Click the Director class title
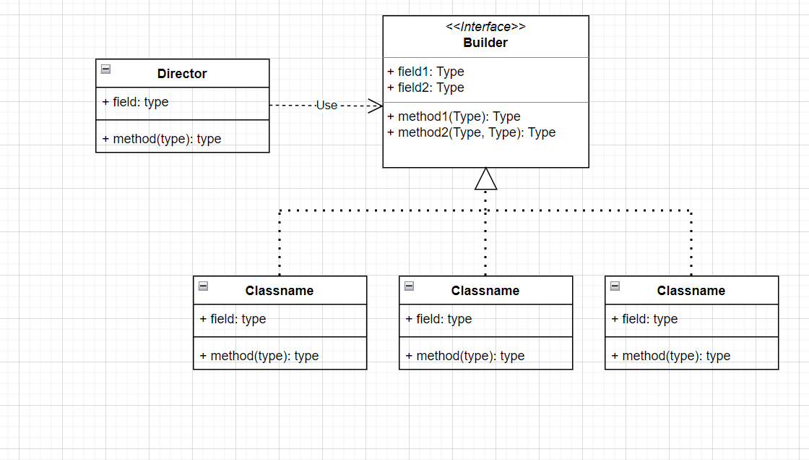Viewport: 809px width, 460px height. [182, 74]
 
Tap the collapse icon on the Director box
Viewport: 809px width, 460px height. [106, 69]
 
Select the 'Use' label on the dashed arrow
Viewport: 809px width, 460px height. [326, 106]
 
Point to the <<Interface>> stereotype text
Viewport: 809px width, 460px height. [485, 27]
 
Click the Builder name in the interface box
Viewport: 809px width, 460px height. [485, 43]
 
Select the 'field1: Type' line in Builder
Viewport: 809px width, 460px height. [426, 72]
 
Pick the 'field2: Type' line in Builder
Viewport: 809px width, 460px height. [426, 88]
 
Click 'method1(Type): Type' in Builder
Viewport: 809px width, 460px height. [454, 116]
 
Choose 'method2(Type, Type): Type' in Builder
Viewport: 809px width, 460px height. [471, 132]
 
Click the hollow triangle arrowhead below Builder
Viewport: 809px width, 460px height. [486, 179]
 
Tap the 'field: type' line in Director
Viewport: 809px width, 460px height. [136, 102]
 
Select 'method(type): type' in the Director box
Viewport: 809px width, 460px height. [162, 139]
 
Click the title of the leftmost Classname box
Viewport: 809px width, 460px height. [280, 291]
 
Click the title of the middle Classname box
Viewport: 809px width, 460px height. [485, 291]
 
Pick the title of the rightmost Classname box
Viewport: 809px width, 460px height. [691, 291]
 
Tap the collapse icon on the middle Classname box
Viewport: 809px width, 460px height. [410, 286]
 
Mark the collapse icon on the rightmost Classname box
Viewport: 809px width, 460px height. [615, 286]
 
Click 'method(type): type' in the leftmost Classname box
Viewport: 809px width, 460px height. [259, 356]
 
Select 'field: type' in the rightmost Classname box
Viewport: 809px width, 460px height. [645, 319]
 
